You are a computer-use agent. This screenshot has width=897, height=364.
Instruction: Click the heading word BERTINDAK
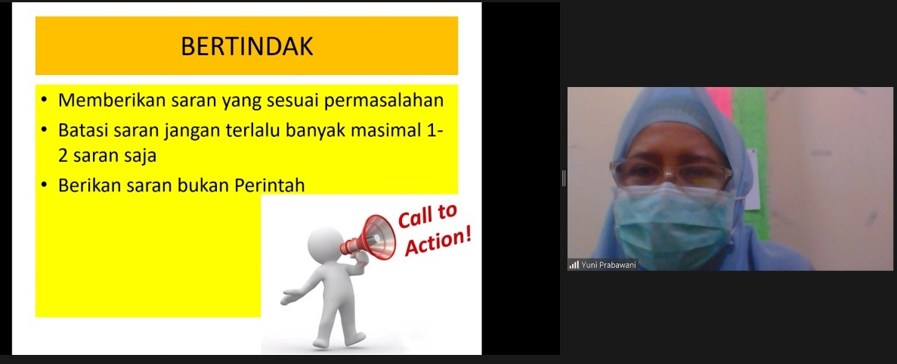[x=246, y=46]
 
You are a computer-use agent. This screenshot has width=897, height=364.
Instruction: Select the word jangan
[x=187, y=131]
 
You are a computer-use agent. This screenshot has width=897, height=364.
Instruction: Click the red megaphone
[x=369, y=238]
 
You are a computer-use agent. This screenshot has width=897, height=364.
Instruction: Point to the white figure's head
[x=325, y=243]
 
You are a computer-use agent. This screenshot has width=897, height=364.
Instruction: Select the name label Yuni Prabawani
[x=608, y=265]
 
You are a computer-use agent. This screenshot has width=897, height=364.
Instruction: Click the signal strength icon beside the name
[x=574, y=265]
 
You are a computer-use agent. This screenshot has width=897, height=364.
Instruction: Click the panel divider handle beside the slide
[x=564, y=179]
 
